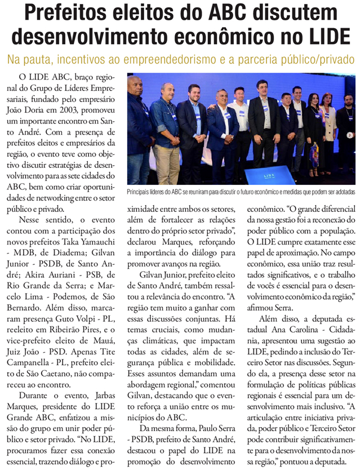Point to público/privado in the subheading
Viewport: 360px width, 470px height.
point(309,59)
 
